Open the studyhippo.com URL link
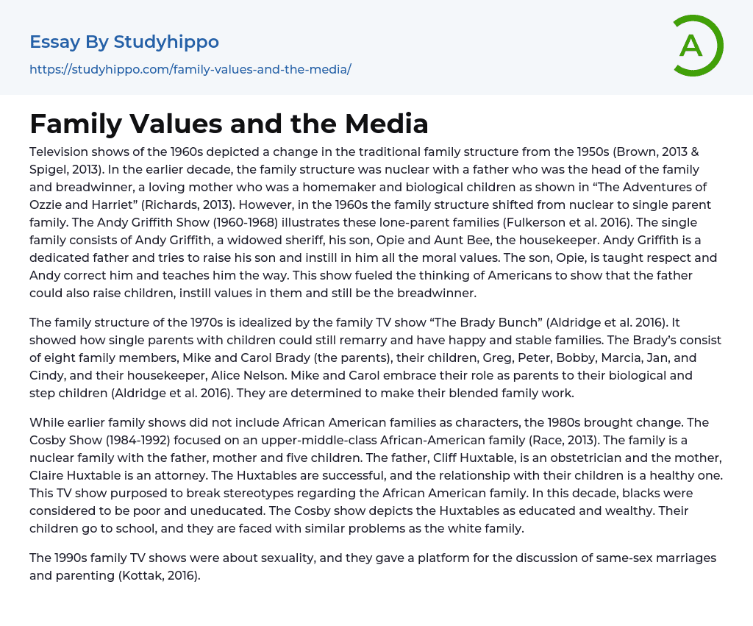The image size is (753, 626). pos(190,69)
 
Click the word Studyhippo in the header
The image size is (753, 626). pos(166,42)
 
